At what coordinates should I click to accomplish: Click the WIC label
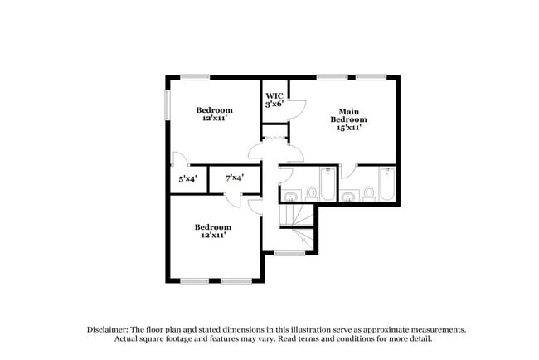click(x=274, y=95)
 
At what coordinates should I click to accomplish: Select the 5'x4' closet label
click(x=187, y=178)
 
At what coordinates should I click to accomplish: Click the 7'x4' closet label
click(x=235, y=178)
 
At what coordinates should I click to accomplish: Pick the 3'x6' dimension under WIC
click(x=274, y=105)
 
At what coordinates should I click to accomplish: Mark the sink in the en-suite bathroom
click(x=349, y=196)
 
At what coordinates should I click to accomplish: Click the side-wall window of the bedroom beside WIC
click(x=167, y=104)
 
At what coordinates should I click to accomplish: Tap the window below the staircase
click(x=289, y=252)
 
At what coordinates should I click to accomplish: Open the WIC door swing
click(x=297, y=107)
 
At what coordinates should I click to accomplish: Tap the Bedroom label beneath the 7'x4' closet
click(x=213, y=226)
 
